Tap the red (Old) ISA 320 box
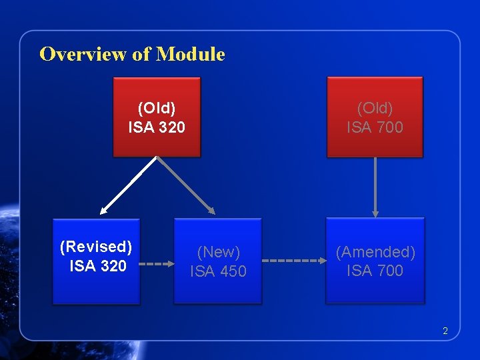pos(157,117)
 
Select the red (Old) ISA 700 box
pos(375,117)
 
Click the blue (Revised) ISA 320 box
pos(97,261)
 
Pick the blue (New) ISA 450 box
pos(218,261)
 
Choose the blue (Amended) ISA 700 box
pos(375,261)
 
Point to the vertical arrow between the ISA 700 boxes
pos(375,187)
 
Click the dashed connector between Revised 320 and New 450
pos(158,263)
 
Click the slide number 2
pos(445,331)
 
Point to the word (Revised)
pos(96,247)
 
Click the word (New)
pos(219,252)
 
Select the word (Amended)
pos(375,252)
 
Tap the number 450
pos(233,271)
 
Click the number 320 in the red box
pos(171,127)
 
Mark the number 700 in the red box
pos(389,127)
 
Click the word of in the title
pos(142,54)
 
